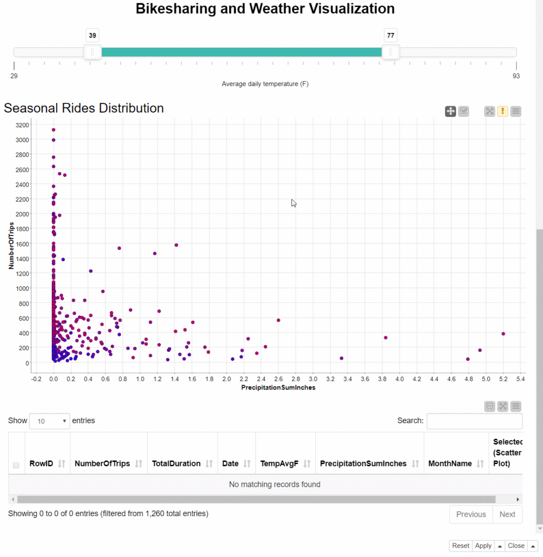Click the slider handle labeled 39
click(x=93, y=52)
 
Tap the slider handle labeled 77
click(x=391, y=52)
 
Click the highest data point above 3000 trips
click(x=53, y=130)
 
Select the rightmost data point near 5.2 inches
click(x=503, y=334)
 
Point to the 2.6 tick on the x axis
click(x=278, y=379)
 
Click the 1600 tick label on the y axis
click(x=22, y=244)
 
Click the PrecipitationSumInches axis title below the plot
click(x=278, y=387)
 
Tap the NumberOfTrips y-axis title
click(x=11, y=245)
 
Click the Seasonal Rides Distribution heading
click(x=84, y=108)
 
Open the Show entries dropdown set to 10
click(x=50, y=421)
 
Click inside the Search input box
click(x=474, y=421)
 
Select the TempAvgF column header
click(x=279, y=463)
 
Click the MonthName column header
click(x=450, y=463)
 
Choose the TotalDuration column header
click(x=176, y=463)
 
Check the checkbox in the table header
click(x=16, y=465)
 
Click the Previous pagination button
click(x=471, y=515)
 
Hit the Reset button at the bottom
click(x=461, y=546)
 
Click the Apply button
click(x=483, y=546)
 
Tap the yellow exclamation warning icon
click(x=503, y=111)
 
